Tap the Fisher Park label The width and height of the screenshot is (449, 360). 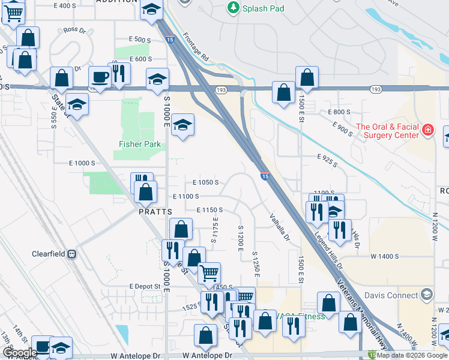click(x=131, y=144)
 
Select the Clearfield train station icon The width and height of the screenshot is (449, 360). click(x=72, y=254)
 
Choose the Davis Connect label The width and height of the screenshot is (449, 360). click(x=394, y=295)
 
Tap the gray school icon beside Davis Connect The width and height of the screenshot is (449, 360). click(x=426, y=295)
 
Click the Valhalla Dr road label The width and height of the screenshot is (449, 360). click(x=279, y=228)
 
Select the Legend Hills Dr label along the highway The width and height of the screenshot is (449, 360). click(x=327, y=251)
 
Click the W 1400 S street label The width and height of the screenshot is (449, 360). click(x=385, y=256)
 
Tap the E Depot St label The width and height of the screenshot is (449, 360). click(x=143, y=287)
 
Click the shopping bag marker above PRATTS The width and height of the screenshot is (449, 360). click(x=145, y=192)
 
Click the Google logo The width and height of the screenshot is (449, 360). click(x=20, y=353)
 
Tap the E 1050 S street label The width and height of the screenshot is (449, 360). click(x=205, y=182)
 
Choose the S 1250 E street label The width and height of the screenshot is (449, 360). click(x=256, y=264)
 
